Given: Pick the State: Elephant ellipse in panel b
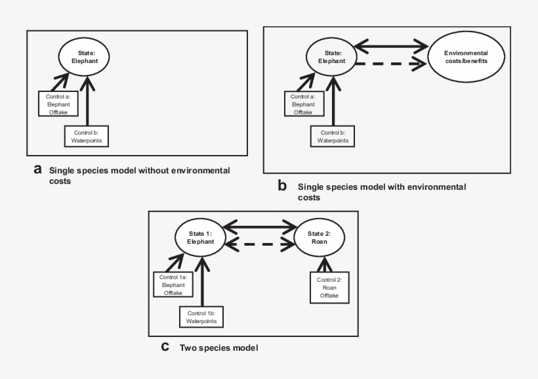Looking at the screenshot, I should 331,56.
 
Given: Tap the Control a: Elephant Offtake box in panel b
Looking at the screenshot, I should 302,104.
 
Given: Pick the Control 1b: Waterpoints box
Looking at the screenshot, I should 202,318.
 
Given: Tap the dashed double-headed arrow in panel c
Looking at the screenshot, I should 259,246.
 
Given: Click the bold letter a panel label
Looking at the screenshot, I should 38,170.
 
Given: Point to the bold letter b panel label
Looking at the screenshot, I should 282,187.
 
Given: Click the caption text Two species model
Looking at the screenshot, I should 218,347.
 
